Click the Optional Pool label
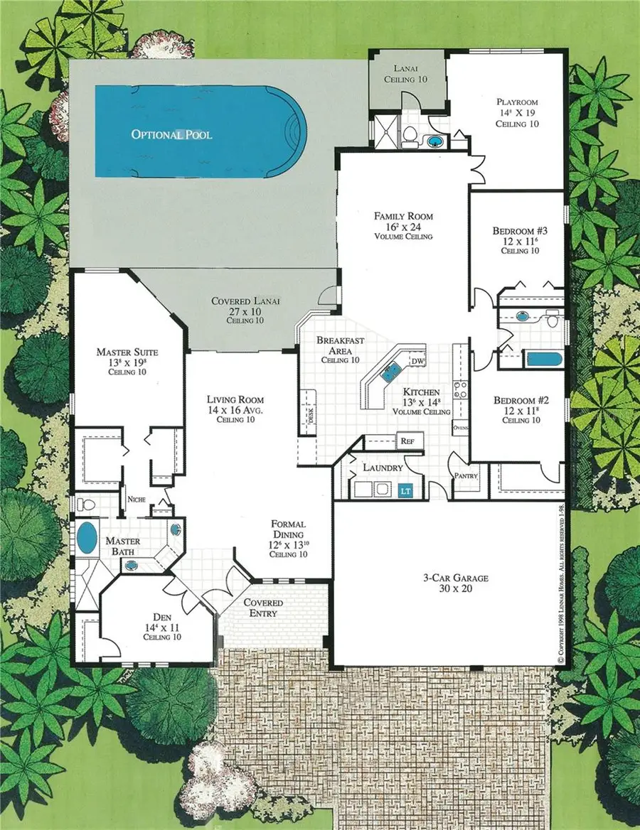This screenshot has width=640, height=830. click(x=171, y=134)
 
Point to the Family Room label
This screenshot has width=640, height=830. click(x=404, y=216)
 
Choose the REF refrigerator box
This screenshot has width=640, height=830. click(x=407, y=441)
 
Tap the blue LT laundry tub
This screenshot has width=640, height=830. click(x=406, y=490)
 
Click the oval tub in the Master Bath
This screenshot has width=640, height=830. click(x=87, y=538)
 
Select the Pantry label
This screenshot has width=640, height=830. click(x=466, y=475)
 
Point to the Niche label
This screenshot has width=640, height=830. click(x=137, y=499)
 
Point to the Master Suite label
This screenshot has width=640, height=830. click(x=127, y=352)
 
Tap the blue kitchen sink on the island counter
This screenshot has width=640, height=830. click(x=390, y=369)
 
